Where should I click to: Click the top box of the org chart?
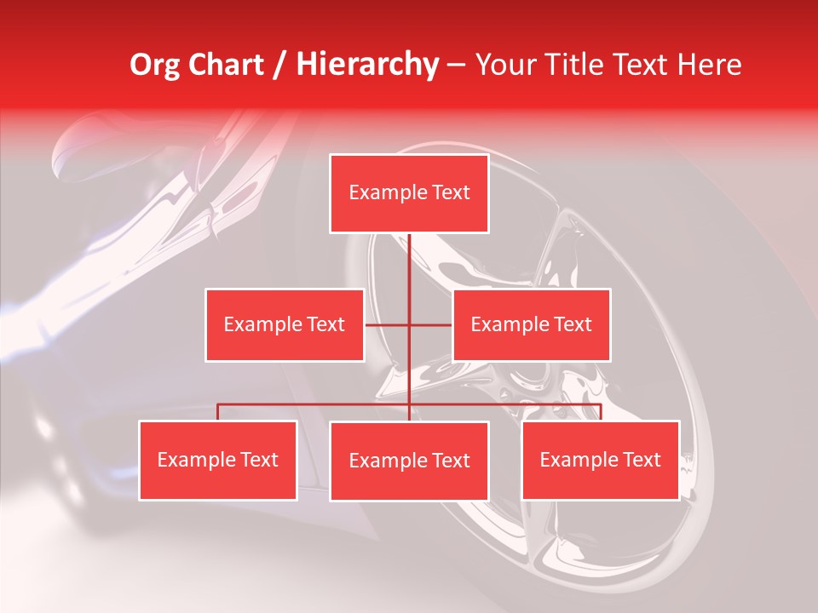pyautogui.click(x=409, y=193)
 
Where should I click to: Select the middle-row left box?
pyautogui.click(x=285, y=324)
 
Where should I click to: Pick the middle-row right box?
pyautogui.click(x=531, y=324)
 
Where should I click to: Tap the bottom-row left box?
pyautogui.click(x=217, y=460)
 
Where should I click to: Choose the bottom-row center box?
pyautogui.click(x=409, y=461)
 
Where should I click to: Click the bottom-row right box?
pyautogui.click(x=600, y=460)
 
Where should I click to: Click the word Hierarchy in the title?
pyautogui.click(x=367, y=65)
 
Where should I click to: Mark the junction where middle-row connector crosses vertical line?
pyautogui.click(x=409, y=324)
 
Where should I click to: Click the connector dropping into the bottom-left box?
pyautogui.click(x=217, y=412)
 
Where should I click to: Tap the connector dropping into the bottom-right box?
pyautogui.click(x=600, y=412)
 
